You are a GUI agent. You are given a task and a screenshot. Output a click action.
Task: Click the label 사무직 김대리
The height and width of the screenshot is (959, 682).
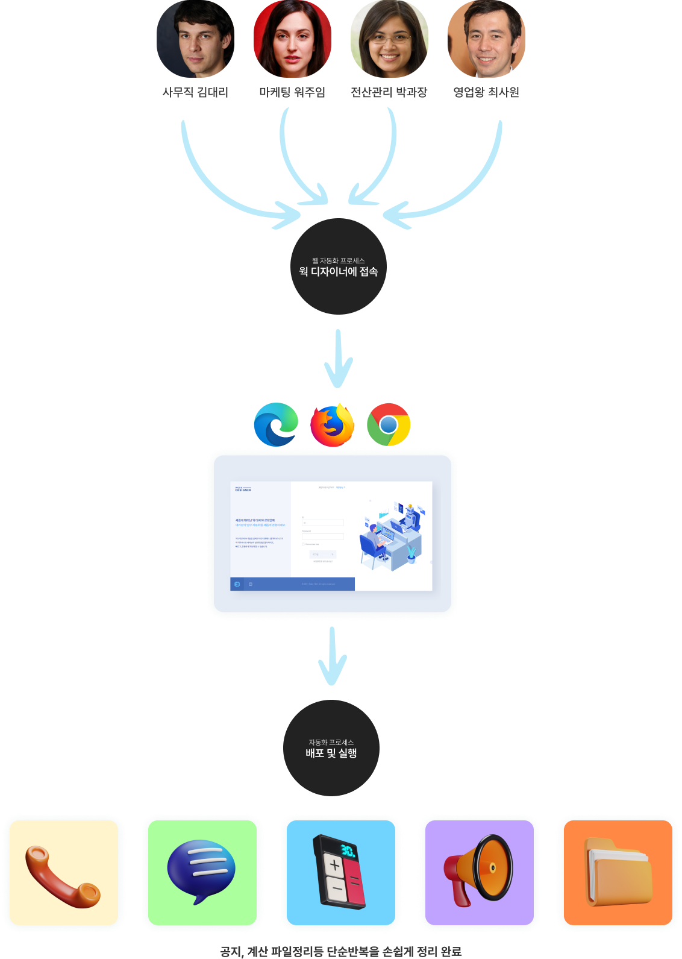click(195, 92)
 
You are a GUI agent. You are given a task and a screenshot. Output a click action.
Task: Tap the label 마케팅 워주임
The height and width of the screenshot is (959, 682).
click(292, 92)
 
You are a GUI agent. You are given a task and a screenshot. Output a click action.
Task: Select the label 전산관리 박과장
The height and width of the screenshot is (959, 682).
click(389, 92)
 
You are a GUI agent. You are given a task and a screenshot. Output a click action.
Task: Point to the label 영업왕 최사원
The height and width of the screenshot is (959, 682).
click(486, 92)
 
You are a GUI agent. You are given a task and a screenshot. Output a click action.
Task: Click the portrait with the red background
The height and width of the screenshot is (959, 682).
click(292, 39)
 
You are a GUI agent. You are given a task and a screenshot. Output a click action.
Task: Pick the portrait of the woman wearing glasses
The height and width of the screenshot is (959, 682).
click(389, 39)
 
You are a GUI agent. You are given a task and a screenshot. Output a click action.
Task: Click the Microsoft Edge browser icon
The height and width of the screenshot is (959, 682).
click(276, 424)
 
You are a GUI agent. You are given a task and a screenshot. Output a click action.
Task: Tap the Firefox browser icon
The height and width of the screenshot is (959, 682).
click(333, 424)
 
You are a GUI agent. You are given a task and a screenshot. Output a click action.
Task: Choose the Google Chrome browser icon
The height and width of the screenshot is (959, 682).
click(389, 424)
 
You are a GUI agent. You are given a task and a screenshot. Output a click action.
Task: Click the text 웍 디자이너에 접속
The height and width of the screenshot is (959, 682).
click(339, 272)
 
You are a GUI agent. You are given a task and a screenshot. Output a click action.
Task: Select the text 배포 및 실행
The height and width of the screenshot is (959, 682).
click(331, 753)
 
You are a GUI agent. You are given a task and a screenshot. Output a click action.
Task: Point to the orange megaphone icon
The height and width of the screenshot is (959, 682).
click(479, 870)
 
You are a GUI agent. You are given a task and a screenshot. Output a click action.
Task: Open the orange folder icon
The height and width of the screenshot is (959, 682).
click(618, 872)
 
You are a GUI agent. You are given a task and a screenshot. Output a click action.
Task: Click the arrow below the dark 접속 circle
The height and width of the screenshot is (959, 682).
click(338, 359)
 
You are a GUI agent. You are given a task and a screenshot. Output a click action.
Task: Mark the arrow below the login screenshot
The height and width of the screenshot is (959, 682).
click(332, 657)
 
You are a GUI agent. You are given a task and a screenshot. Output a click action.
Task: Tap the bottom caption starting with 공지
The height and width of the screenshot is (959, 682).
click(341, 951)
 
